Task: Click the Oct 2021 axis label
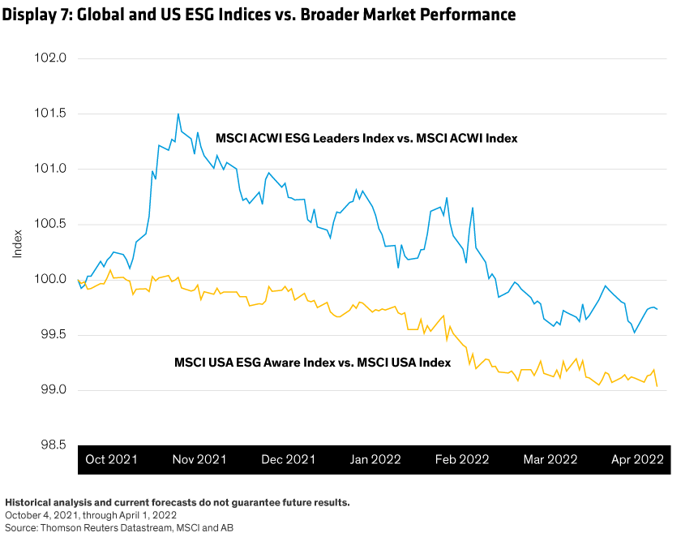coord(112,459)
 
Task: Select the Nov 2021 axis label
coord(199,459)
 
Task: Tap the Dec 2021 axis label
coord(288,459)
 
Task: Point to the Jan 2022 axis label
coord(375,459)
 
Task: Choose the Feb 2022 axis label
coord(462,459)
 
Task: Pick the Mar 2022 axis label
coord(550,459)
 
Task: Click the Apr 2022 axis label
coord(637,459)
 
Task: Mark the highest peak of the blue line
coord(178,114)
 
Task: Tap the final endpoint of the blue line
coord(657,309)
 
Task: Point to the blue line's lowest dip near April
coord(634,333)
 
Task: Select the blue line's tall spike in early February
coord(473,208)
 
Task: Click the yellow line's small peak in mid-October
coord(109,270)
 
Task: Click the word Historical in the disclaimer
coord(29,503)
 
